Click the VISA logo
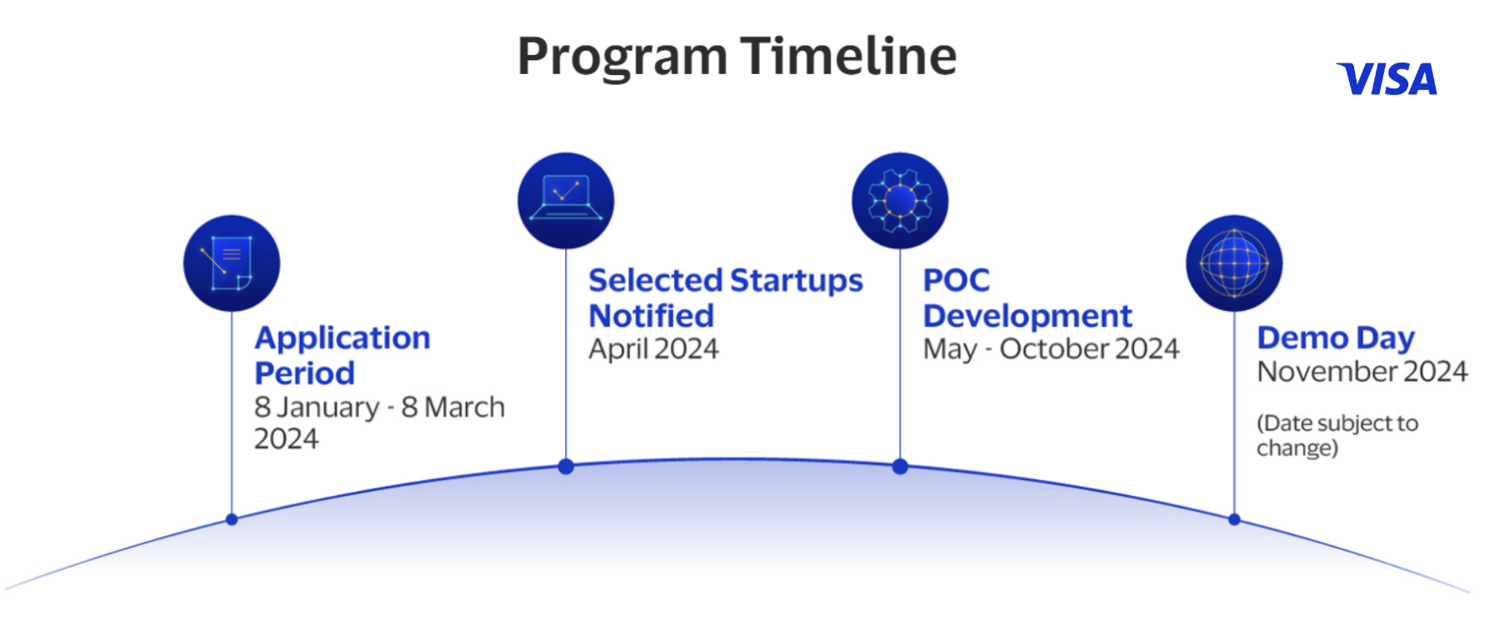click(1387, 79)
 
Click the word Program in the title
click(622, 57)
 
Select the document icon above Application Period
click(232, 263)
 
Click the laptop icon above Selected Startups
click(566, 200)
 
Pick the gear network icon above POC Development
click(900, 200)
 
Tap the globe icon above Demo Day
click(1234, 263)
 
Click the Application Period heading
click(342, 355)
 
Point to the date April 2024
click(653, 349)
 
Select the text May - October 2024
click(1051, 349)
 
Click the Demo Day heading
click(1336, 337)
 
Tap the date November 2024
click(1362, 372)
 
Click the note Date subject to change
click(1337, 435)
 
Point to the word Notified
click(651, 317)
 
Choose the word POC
click(956, 280)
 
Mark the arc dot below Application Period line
click(232, 519)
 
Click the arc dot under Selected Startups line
click(566, 467)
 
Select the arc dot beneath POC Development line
click(900, 467)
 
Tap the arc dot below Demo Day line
click(1234, 519)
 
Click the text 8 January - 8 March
click(379, 407)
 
